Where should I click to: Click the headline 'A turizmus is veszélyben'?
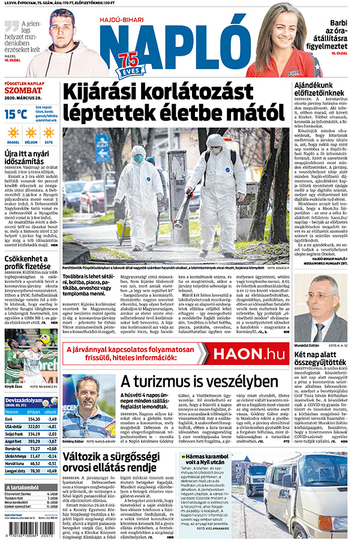point(191,382)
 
